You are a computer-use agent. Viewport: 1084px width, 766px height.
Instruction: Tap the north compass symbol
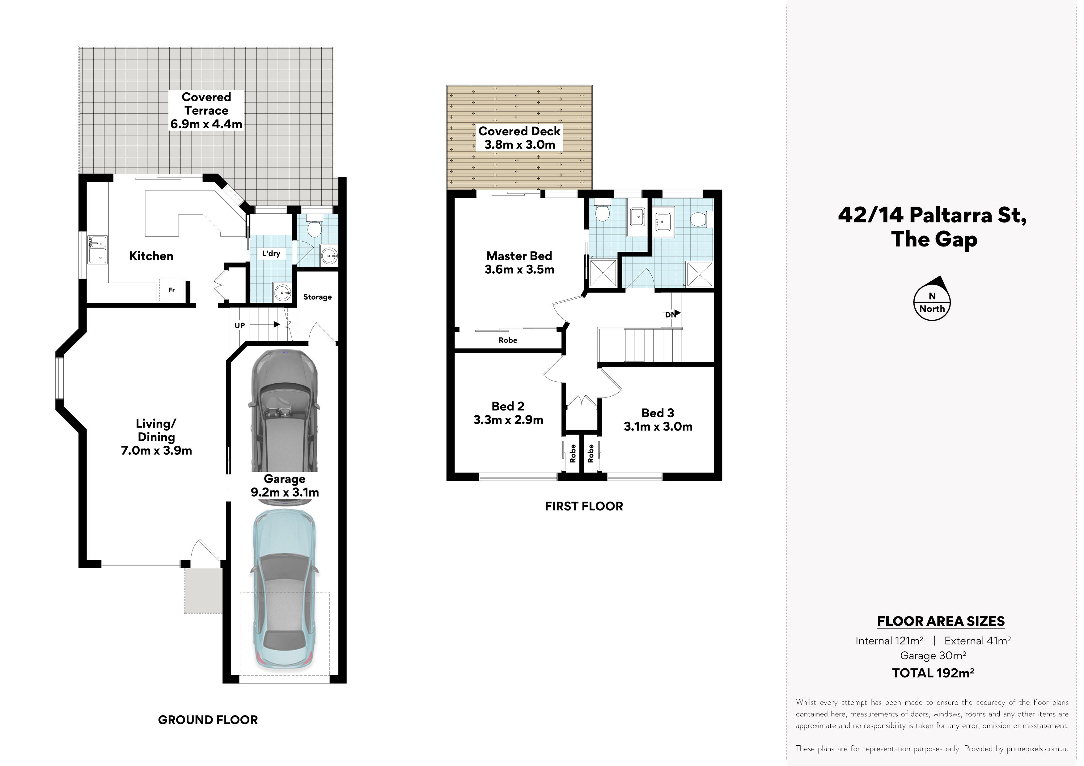[x=932, y=299]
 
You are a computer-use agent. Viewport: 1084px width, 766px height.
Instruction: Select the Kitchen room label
[x=151, y=256]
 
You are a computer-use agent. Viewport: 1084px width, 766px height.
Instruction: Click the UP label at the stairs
[x=240, y=325]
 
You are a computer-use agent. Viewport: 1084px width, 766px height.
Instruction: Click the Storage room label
[x=317, y=297]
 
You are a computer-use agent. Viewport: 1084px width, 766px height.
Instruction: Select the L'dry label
[x=271, y=254]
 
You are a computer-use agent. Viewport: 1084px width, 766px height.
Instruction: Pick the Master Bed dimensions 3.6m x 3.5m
[x=519, y=270]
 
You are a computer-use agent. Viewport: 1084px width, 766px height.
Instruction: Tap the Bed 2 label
[x=508, y=406]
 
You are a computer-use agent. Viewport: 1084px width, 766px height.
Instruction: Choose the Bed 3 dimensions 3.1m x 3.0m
[x=658, y=427]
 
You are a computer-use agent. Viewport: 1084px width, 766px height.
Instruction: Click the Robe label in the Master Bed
[x=508, y=340]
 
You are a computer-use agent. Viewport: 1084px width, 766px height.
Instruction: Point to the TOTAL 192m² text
[x=933, y=672]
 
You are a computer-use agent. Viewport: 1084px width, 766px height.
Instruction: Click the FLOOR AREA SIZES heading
[x=941, y=621]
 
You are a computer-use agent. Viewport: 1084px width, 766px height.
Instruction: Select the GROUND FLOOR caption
[x=208, y=720]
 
